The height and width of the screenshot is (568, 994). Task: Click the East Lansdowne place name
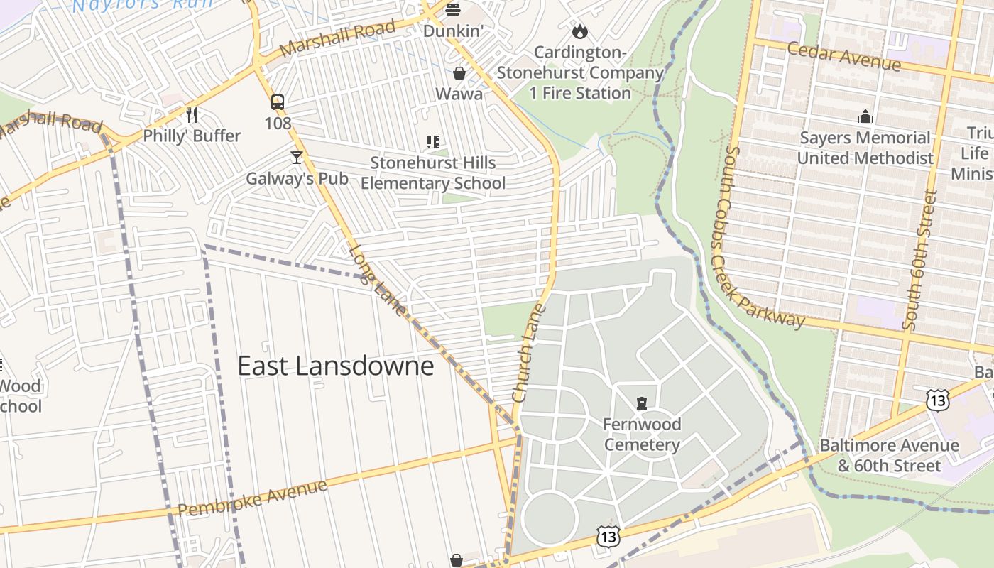tap(335, 366)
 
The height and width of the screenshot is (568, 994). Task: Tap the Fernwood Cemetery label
tap(642, 435)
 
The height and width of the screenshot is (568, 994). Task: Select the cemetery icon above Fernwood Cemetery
tap(642, 403)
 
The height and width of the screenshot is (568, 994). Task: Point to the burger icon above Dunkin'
tap(453, 10)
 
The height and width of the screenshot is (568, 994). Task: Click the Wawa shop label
tap(459, 94)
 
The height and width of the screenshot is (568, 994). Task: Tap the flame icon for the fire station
tap(580, 31)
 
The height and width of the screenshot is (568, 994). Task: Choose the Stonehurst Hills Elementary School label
tap(433, 173)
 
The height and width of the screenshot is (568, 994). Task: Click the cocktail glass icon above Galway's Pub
tap(297, 157)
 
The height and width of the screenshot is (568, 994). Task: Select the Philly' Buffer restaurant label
tap(192, 136)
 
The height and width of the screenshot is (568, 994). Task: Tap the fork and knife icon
tap(191, 114)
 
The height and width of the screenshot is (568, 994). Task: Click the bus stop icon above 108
tap(278, 102)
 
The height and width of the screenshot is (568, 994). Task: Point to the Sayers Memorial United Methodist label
tap(865, 148)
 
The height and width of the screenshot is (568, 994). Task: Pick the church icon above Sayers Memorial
tap(865, 116)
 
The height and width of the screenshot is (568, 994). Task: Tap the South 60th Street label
tap(919, 259)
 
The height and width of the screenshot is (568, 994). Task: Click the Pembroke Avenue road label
tap(252, 498)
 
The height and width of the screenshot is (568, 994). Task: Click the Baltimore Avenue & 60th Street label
tap(889, 456)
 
